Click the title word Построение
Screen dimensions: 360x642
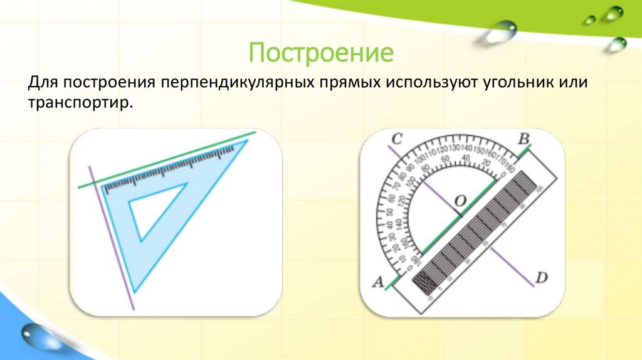coord(320,53)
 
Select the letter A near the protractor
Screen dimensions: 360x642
coord(377,282)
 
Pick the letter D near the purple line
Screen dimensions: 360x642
coord(541,277)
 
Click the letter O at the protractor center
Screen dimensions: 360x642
coord(460,201)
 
